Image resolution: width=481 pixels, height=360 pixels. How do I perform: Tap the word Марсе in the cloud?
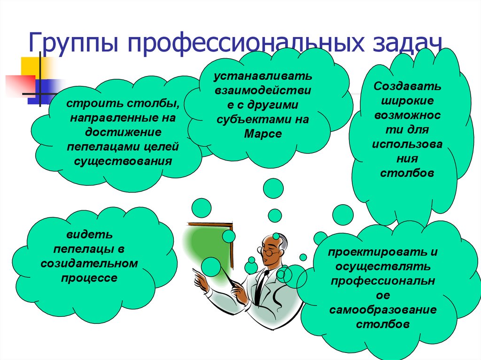pos(263,134)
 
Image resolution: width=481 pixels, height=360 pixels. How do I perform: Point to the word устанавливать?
pos(263,76)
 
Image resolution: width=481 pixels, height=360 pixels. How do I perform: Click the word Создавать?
pos(407,86)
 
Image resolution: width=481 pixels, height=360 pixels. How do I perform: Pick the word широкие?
pos(407,101)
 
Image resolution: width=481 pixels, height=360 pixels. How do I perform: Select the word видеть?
pos(90,235)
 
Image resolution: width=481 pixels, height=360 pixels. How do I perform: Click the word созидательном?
pos(89,263)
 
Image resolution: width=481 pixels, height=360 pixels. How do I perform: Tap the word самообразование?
pos(383,309)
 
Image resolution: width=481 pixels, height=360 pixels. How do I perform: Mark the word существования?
pos(123,161)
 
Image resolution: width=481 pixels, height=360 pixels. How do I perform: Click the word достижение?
pos(123,132)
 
